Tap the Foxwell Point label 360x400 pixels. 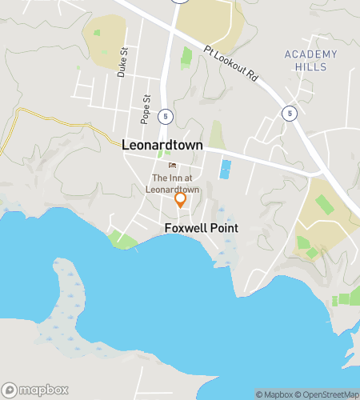coord(202,228)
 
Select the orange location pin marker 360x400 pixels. coord(181,199)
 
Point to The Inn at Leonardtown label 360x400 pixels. coord(173,183)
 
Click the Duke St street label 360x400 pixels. coord(122,61)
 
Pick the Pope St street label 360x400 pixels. coord(146,110)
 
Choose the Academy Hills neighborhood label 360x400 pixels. coord(310,60)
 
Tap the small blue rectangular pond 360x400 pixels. coord(226,170)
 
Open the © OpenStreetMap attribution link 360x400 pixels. coord(328,394)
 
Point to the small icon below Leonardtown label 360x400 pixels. coord(172,166)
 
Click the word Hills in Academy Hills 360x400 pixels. coord(310,66)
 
